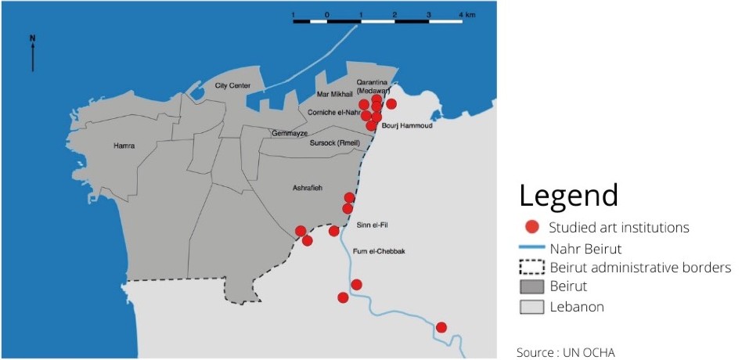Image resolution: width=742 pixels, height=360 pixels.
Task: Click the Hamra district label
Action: pyautogui.click(x=124, y=146)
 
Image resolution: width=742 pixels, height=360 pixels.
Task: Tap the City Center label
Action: pyautogui.click(x=232, y=85)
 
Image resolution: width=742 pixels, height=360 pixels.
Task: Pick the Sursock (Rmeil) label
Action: pyautogui.click(x=334, y=143)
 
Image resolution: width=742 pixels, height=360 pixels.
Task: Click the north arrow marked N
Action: pyautogui.click(x=32, y=53)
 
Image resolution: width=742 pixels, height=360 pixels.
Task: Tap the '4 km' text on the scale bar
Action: pyautogui.click(x=468, y=15)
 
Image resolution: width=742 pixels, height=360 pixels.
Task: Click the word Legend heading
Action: pyautogui.click(x=568, y=196)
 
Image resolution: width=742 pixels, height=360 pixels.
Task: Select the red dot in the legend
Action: pyautogui.click(x=532, y=228)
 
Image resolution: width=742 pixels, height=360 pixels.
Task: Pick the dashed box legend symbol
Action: pyautogui.click(x=532, y=268)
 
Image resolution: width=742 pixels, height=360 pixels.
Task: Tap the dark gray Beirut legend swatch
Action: pyautogui.click(x=532, y=286)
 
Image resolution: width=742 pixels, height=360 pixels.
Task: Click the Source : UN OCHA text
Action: pyautogui.click(x=566, y=352)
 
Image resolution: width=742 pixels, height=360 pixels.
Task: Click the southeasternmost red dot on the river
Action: pyautogui.click(x=441, y=327)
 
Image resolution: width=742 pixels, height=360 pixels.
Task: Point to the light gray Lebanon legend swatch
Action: pyautogui.click(x=532, y=307)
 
